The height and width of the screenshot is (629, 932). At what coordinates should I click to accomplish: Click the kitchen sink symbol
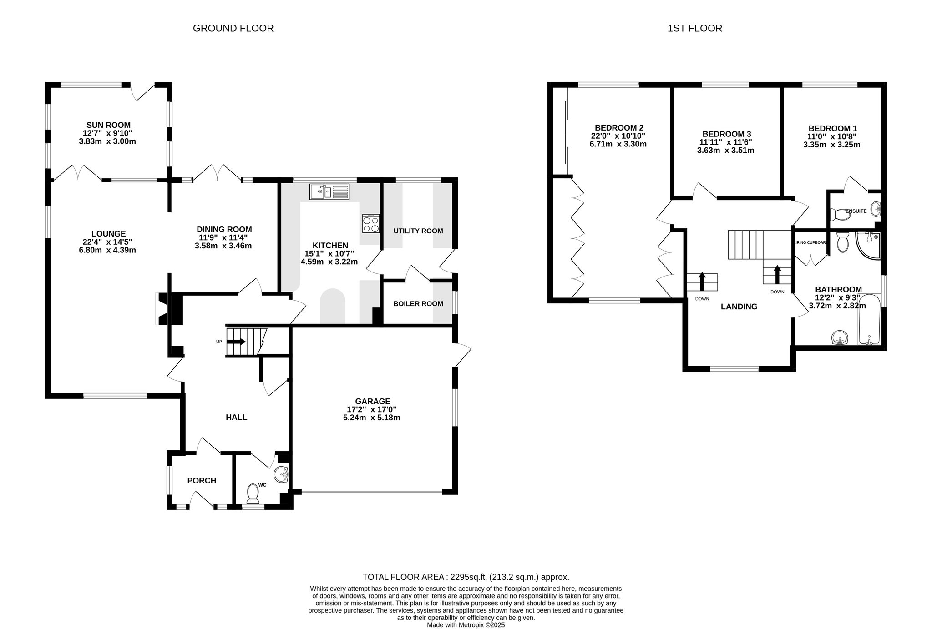[x=329, y=191]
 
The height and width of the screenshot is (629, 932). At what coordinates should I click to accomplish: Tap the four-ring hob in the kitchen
[x=371, y=223]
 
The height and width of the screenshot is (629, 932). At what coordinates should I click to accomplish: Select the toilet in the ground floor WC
[x=253, y=494]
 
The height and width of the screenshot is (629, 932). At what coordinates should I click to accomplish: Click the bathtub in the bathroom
[x=870, y=319]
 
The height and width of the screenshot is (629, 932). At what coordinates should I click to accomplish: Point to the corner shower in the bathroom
[x=868, y=246]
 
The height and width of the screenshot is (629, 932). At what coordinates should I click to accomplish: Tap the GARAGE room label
[x=373, y=401]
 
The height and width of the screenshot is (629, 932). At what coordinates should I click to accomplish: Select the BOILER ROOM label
[x=418, y=303]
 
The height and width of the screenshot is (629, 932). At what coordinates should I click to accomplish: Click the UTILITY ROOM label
[x=418, y=231]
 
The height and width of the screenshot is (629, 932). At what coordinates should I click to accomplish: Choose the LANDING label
[x=739, y=307]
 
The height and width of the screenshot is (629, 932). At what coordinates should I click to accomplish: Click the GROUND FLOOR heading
[x=233, y=28]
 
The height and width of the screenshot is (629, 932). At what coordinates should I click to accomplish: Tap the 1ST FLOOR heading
[x=695, y=28]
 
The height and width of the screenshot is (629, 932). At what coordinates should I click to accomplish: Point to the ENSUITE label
[x=856, y=211]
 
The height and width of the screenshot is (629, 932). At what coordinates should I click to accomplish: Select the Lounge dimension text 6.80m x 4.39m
[x=107, y=250]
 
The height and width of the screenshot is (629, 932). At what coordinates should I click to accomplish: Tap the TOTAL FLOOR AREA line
[x=466, y=577]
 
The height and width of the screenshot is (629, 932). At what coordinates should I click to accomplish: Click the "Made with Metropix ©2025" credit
[x=466, y=625]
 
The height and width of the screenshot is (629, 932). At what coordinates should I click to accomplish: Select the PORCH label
[x=202, y=480]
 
